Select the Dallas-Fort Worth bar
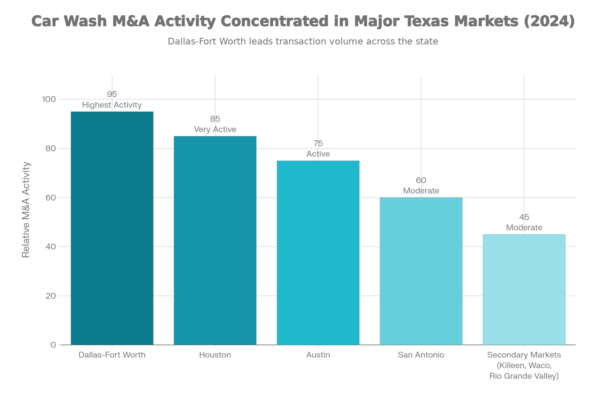point(112,228)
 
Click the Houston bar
point(215,240)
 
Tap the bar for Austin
point(318,252)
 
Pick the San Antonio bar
point(421,271)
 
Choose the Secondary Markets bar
point(524,289)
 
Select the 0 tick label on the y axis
point(53,345)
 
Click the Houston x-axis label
point(215,355)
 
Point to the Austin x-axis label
point(318,355)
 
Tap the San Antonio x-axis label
point(421,355)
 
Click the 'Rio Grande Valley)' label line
point(524,376)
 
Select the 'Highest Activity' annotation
point(112,105)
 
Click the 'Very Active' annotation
point(215,129)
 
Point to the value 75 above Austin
point(318,143)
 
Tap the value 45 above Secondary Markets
point(524,217)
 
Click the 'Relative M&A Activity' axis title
point(26,210)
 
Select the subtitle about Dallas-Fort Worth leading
point(303,41)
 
